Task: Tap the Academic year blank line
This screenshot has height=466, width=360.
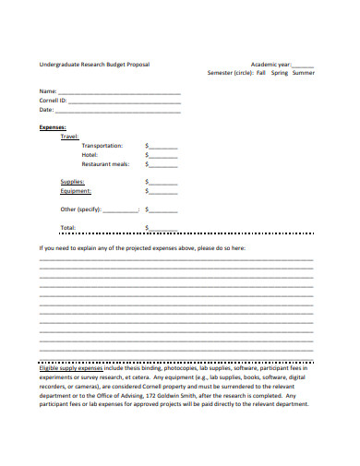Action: [x=303, y=66]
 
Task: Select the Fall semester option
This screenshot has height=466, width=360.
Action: [x=261, y=73]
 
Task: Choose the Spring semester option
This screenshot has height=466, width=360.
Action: [x=280, y=73]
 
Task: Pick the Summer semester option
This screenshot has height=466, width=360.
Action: [x=303, y=73]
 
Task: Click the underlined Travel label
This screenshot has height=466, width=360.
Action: [x=70, y=136]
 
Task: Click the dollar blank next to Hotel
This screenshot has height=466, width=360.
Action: [x=163, y=156]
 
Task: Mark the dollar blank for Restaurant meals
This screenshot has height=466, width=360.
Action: [x=163, y=165]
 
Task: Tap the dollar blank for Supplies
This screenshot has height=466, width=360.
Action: [x=163, y=183]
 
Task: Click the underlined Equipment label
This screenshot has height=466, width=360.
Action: [x=76, y=191]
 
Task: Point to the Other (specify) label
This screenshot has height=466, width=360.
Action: [x=80, y=209]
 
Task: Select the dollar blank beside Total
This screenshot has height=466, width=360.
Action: [x=163, y=228]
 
